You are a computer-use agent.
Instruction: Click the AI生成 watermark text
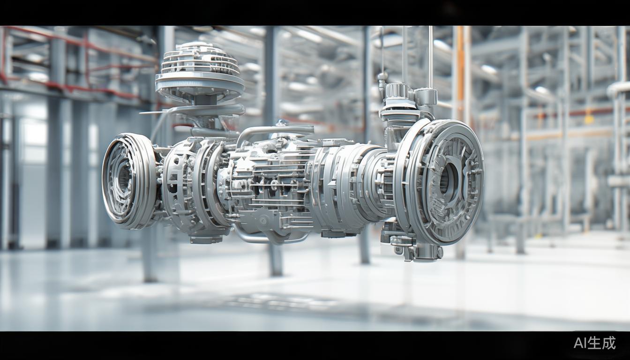[594, 343]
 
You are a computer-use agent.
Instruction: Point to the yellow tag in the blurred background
[589, 119]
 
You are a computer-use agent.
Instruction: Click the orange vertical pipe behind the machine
[460, 70]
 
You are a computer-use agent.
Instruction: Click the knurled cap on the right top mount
[395, 90]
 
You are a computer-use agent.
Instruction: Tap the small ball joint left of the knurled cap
[382, 76]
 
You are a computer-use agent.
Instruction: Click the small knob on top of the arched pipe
[281, 123]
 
